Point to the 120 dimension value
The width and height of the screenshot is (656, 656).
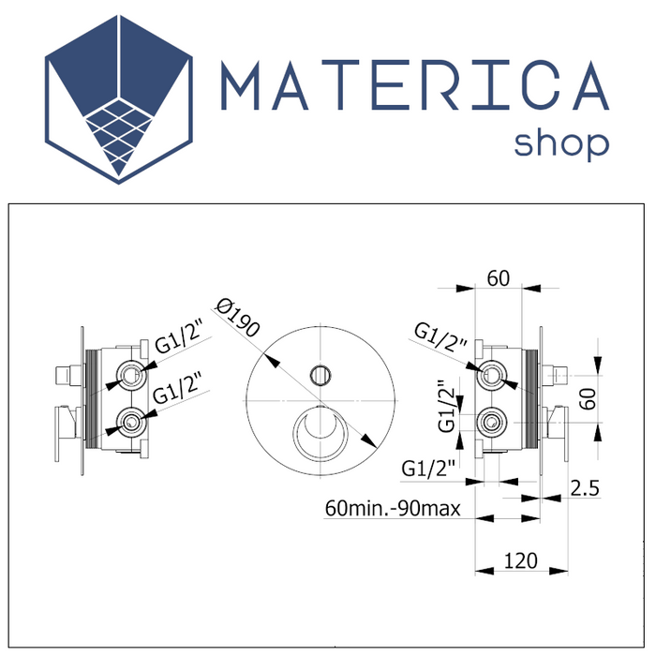click(521, 561)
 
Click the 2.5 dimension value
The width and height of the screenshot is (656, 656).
click(583, 487)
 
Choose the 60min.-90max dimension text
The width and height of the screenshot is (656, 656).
click(391, 509)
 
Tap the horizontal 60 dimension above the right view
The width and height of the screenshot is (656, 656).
click(498, 277)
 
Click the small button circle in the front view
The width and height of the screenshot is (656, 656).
click(320, 375)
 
